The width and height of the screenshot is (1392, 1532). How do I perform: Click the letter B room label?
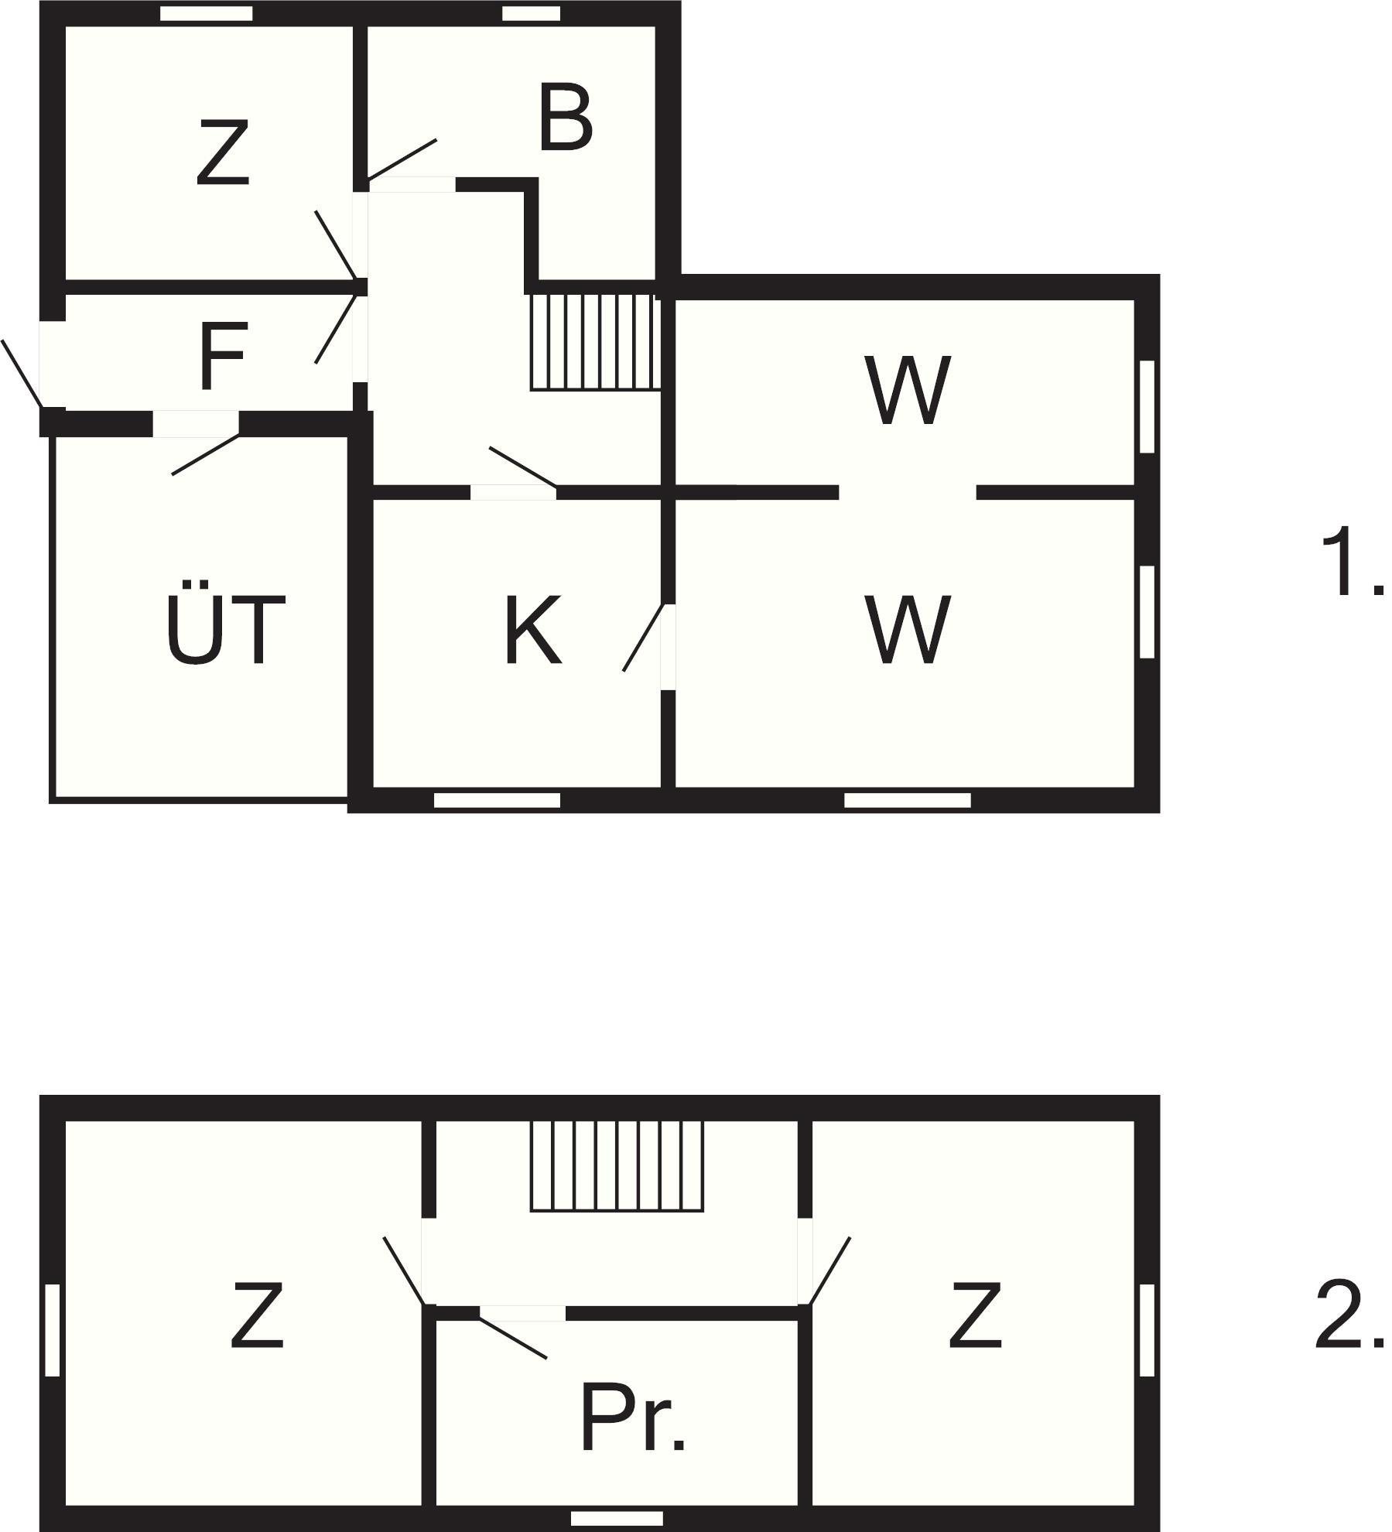click(x=566, y=119)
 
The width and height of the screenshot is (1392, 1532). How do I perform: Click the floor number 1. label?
click(x=1349, y=562)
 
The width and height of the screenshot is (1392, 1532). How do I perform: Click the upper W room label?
click(x=908, y=390)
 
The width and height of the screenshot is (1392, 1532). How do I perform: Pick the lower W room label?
click(x=908, y=629)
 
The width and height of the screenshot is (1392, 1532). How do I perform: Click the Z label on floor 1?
click(x=223, y=152)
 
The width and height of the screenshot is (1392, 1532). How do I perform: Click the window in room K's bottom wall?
click(x=497, y=800)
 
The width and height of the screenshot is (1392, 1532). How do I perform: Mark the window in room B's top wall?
click(x=531, y=13)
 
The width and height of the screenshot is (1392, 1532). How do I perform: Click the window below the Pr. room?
click(x=617, y=1519)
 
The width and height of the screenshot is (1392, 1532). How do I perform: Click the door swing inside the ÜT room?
click(x=206, y=454)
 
